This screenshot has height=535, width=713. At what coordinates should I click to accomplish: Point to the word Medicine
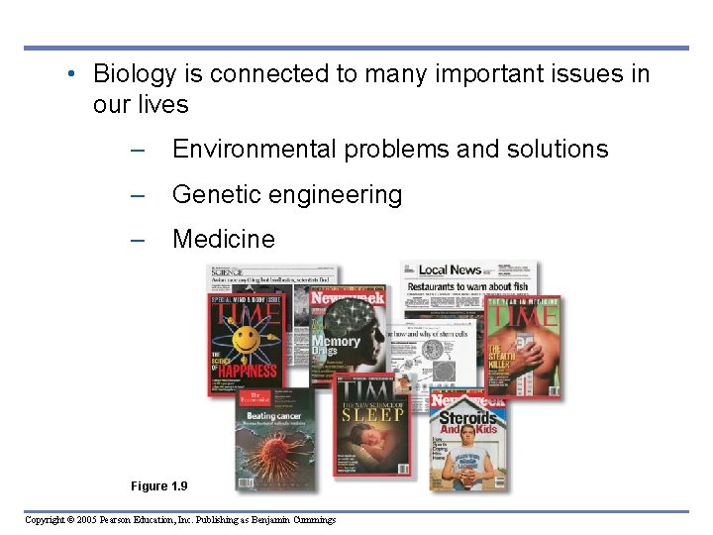223,239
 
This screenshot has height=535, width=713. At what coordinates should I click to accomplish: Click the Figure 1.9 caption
158,485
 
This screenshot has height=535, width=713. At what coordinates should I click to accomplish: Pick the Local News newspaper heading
450,269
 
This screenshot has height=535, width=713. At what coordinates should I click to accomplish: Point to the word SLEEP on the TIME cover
372,413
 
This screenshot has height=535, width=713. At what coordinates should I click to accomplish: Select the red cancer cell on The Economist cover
272,451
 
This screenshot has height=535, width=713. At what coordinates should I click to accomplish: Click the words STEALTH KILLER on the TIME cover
498,357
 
